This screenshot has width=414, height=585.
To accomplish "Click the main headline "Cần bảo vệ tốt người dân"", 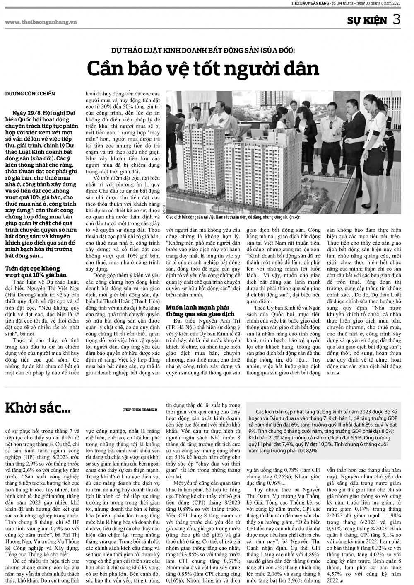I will (203, 68).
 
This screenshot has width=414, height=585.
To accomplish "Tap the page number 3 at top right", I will (397, 19).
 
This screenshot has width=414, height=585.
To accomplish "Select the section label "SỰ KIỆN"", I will (367, 20).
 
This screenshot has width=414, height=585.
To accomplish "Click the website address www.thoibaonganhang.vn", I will (41, 22).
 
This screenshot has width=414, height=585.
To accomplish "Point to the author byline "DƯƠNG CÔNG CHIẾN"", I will (30, 94).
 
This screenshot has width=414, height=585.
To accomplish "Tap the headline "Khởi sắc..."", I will (38, 408).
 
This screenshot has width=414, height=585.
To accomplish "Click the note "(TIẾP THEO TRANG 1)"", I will (140, 410).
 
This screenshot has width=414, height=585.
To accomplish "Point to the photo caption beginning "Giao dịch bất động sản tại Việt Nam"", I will (233, 217).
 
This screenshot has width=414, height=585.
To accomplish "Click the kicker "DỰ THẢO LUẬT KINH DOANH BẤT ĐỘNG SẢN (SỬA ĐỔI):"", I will (203, 51).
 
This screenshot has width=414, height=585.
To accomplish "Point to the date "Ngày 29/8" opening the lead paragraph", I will (24, 113).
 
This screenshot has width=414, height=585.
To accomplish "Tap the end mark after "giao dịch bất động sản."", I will (337, 373).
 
